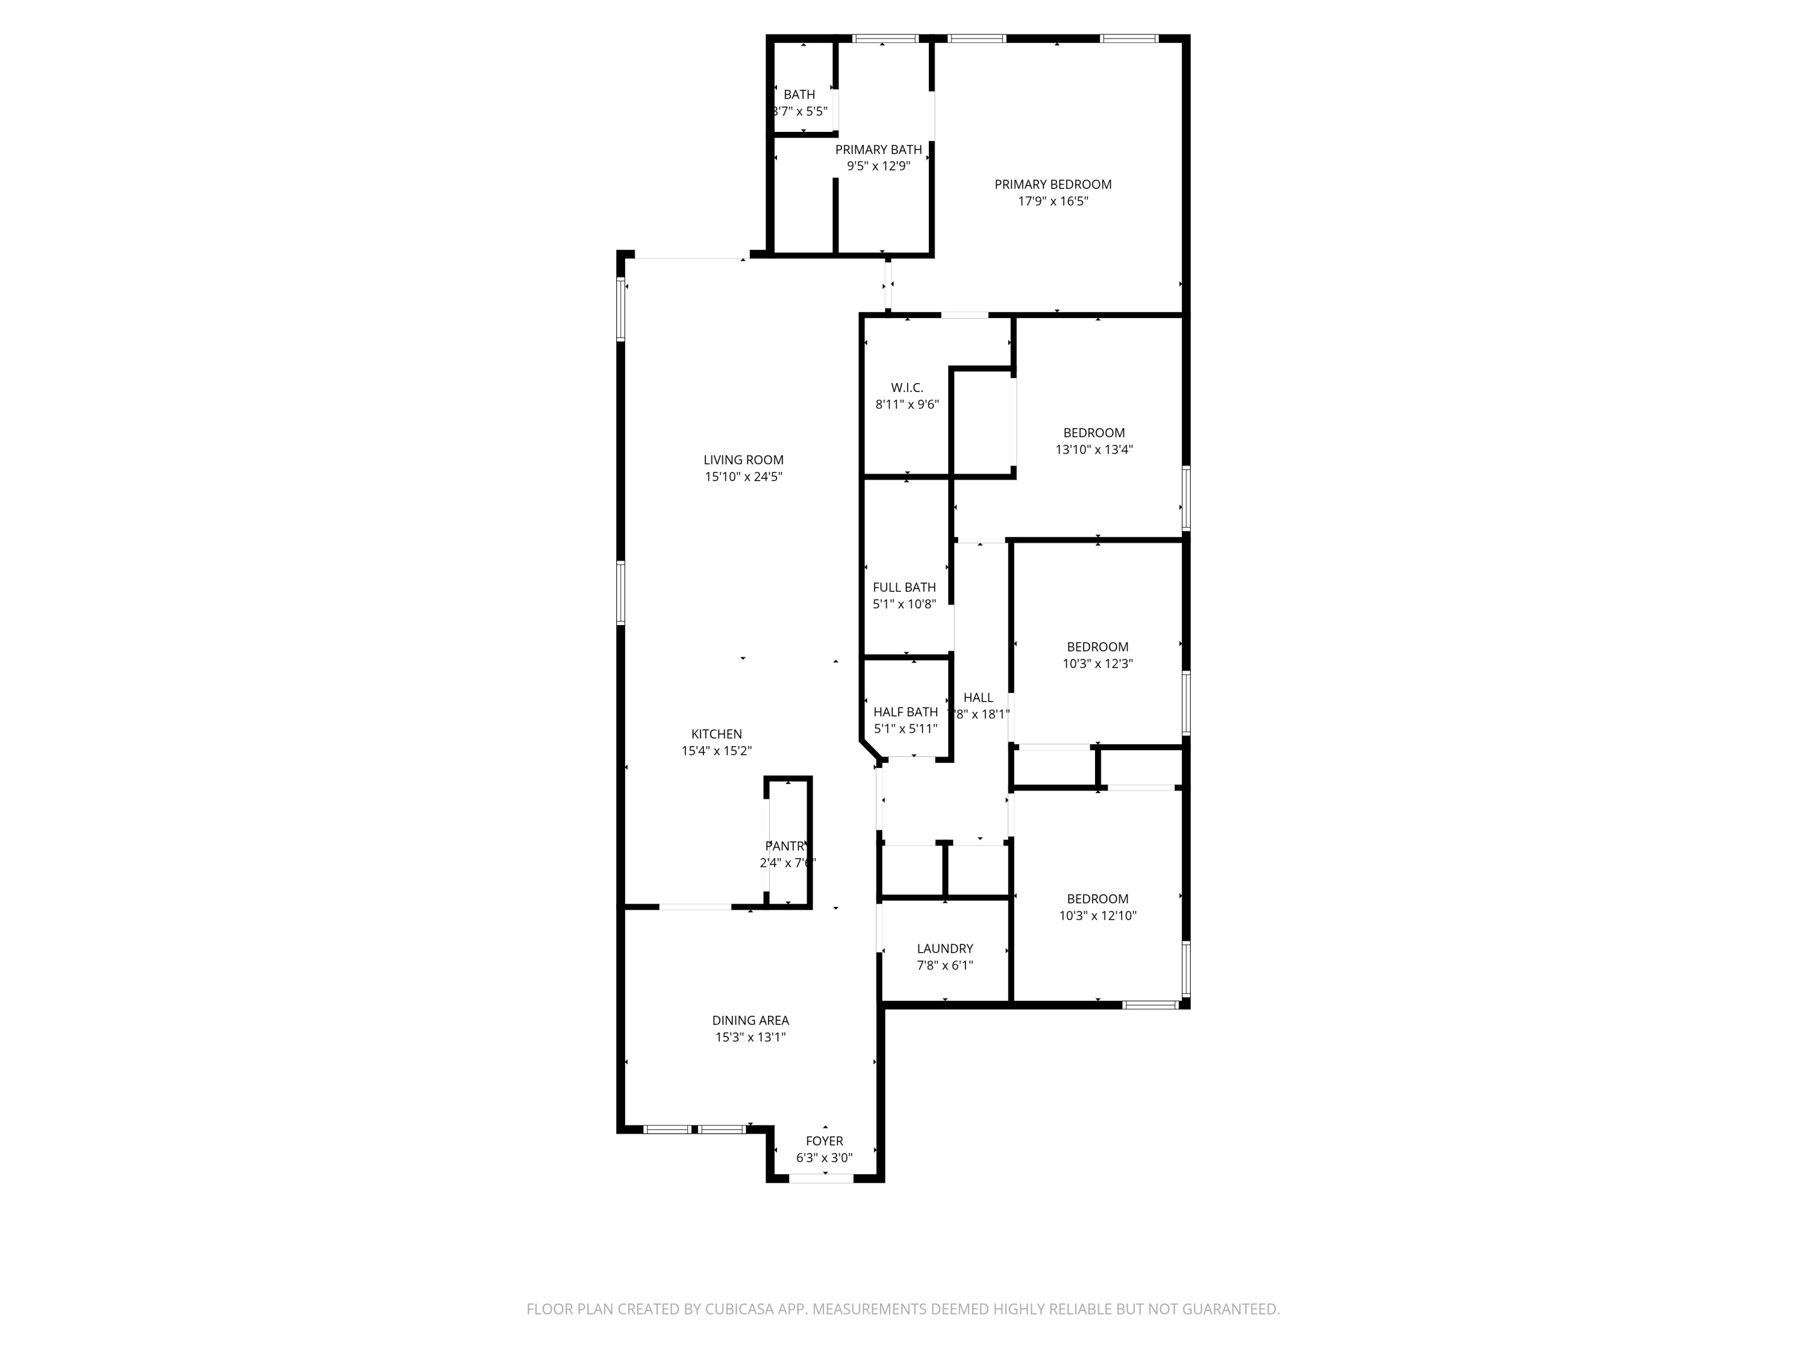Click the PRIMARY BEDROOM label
[x=1052, y=185]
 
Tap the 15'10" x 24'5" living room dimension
[x=743, y=477]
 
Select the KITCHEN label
[x=716, y=734]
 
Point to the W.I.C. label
[x=907, y=388]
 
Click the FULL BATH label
[x=904, y=587]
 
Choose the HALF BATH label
[x=905, y=712]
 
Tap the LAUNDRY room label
[x=944, y=948]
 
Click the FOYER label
[x=824, y=1141]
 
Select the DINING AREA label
[x=750, y=1020]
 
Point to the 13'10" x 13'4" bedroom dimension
[x=1094, y=449]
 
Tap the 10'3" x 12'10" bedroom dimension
[x=1097, y=915]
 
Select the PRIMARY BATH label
[x=878, y=149]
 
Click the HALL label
[x=978, y=697]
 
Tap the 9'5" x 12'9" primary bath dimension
[x=878, y=166]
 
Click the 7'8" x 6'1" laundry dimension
[x=944, y=965]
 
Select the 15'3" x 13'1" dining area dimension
[x=750, y=1037]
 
